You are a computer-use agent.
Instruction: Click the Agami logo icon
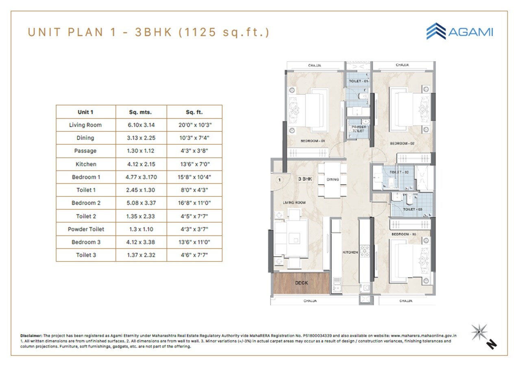pyautogui.click(x=436, y=31)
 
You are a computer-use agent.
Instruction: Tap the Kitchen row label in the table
pyautogui.click(x=86, y=164)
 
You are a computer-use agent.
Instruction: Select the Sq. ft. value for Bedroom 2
pyautogui.click(x=194, y=203)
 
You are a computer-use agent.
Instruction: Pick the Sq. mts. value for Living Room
pyautogui.click(x=141, y=125)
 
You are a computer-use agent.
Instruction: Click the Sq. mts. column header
pyautogui.click(x=141, y=112)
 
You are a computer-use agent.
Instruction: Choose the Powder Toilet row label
pyautogui.click(x=86, y=229)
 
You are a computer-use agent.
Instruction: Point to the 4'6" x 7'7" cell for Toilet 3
pyautogui.click(x=194, y=255)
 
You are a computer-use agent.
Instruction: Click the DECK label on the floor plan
pyautogui.click(x=301, y=283)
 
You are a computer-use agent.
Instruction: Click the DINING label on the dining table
pyautogui.click(x=332, y=179)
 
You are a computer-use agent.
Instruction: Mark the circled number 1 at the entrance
pyautogui.click(x=279, y=179)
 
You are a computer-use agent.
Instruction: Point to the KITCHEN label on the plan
pyautogui.click(x=350, y=253)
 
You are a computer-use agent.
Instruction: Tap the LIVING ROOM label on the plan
pyautogui.click(x=294, y=202)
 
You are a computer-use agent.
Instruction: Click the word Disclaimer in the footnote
pyautogui.click(x=31, y=336)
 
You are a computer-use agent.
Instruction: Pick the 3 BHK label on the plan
pyautogui.click(x=305, y=179)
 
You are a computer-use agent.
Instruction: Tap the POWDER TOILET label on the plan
pyautogui.click(x=359, y=129)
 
